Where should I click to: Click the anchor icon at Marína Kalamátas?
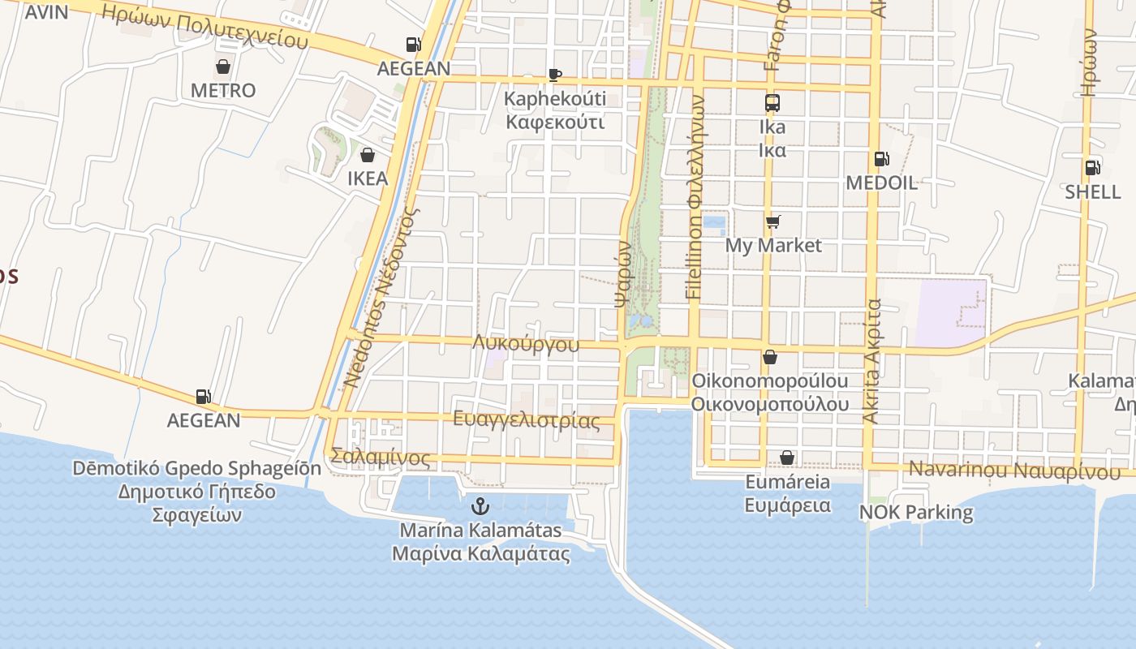click(x=481, y=507)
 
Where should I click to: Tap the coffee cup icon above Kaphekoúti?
click(x=555, y=75)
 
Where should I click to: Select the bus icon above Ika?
click(x=772, y=103)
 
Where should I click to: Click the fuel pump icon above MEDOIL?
click(x=881, y=159)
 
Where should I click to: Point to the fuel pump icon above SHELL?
click(x=1093, y=168)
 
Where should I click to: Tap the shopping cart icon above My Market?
click(x=772, y=221)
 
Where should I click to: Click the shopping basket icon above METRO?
click(x=223, y=67)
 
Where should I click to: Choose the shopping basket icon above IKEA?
click(x=368, y=154)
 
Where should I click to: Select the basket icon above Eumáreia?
click(x=787, y=458)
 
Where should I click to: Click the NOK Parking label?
click(x=916, y=513)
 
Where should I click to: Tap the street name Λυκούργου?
click(x=526, y=344)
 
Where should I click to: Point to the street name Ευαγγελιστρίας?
click(x=526, y=419)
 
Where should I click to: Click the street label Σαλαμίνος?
click(x=381, y=458)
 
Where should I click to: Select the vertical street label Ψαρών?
click(x=622, y=272)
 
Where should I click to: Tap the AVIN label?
click(x=46, y=12)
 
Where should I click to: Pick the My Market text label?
click(x=773, y=245)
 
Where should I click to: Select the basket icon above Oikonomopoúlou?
click(x=770, y=357)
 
